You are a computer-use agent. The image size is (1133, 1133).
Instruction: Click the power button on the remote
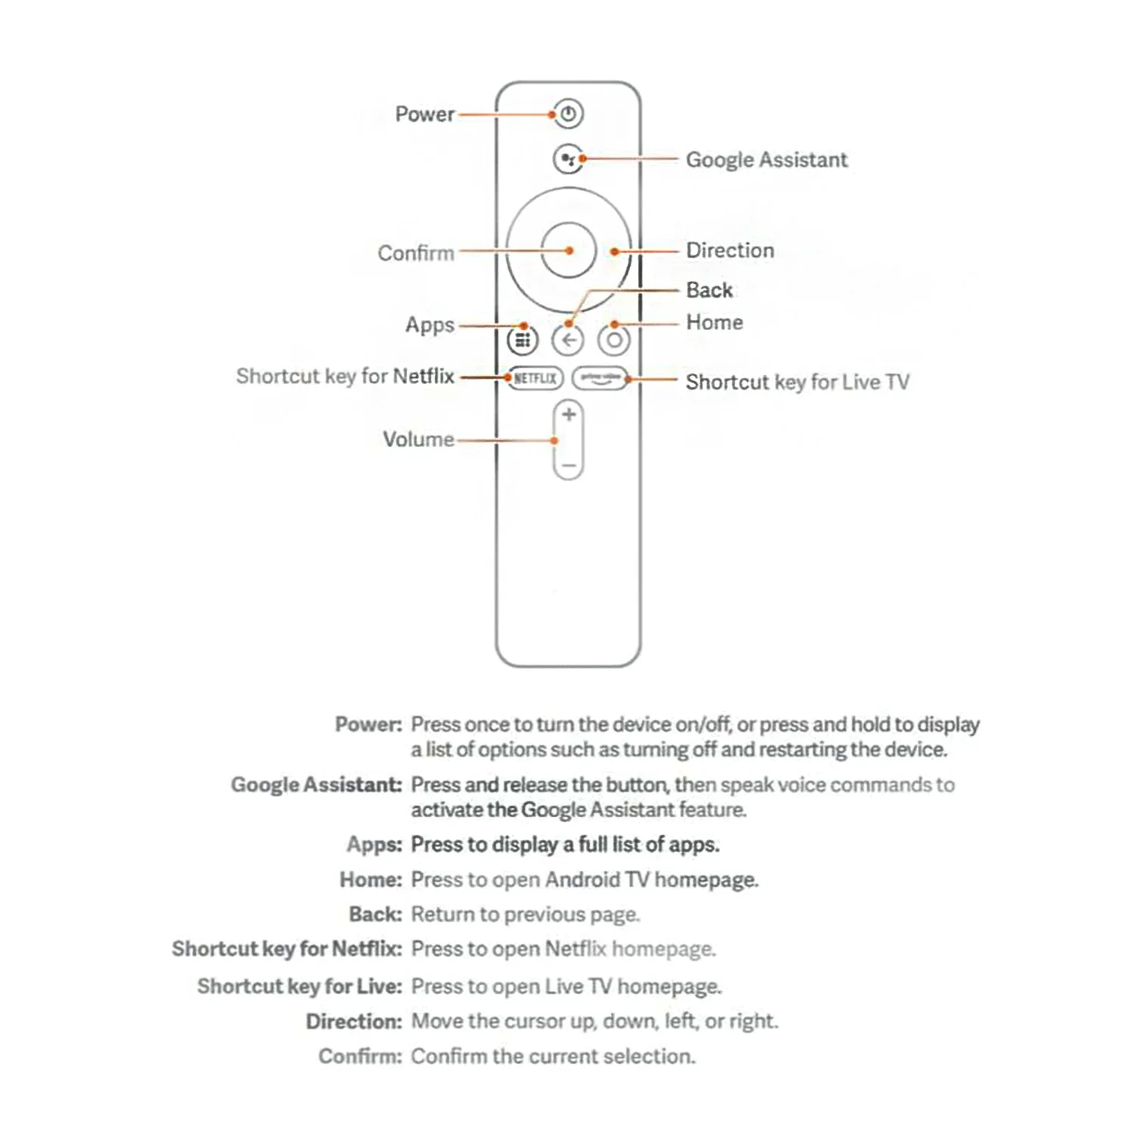[x=568, y=114]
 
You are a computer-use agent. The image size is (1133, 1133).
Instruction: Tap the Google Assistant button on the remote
[x=568, y=159]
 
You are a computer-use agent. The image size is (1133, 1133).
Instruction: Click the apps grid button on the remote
[x=522, y=341]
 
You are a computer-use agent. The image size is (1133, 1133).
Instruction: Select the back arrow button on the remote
[x=568, y=341]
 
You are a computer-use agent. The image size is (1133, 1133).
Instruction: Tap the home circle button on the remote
[x=614, y=341]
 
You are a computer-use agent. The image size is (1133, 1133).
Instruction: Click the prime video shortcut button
[x=600, y=378]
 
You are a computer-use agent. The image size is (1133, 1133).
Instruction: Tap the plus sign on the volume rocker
[x=569, y=415]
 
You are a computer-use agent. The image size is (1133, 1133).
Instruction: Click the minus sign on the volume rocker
[x=569, y=466]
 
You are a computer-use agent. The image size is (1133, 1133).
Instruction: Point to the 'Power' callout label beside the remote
[x=424, y=114]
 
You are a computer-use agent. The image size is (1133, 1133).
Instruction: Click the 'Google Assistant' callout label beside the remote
[x=766, y=160]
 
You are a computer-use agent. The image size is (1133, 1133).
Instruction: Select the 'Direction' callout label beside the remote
[x=730, y=250]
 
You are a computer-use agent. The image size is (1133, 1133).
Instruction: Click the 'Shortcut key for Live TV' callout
[x=797, y=382]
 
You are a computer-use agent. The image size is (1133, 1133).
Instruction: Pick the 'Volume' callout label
[x=418, y=440]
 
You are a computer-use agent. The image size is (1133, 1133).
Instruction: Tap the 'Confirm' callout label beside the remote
[x=415, y=253]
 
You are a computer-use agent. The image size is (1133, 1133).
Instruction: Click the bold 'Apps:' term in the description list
[x=374, y=844]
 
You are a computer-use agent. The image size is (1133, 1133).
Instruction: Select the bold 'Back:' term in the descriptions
[x=375, y=915]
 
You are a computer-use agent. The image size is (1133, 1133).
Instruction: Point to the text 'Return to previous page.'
[x=525, y=915]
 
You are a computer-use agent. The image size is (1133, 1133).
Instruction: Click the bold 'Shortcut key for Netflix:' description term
[x=286, y=949]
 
